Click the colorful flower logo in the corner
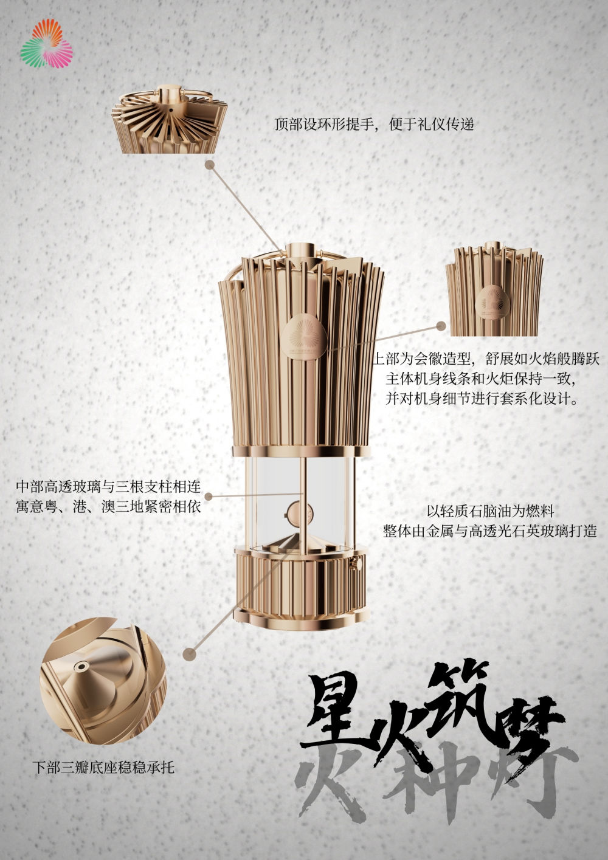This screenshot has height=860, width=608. [46, 44]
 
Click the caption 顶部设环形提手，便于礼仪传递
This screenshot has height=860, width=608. [373, 125]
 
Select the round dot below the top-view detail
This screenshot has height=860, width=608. [210, 164]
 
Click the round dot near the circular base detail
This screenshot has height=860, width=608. [190, 654]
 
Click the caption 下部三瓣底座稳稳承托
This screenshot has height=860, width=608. [103, 768]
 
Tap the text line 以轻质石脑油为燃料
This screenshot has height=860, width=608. [489, 512]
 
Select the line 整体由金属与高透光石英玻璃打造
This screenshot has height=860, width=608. [489, 531]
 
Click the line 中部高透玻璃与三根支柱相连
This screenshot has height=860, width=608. [108, 487]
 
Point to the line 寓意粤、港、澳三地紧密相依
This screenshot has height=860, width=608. [108, 506]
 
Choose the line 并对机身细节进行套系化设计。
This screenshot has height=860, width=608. [482, 399]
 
